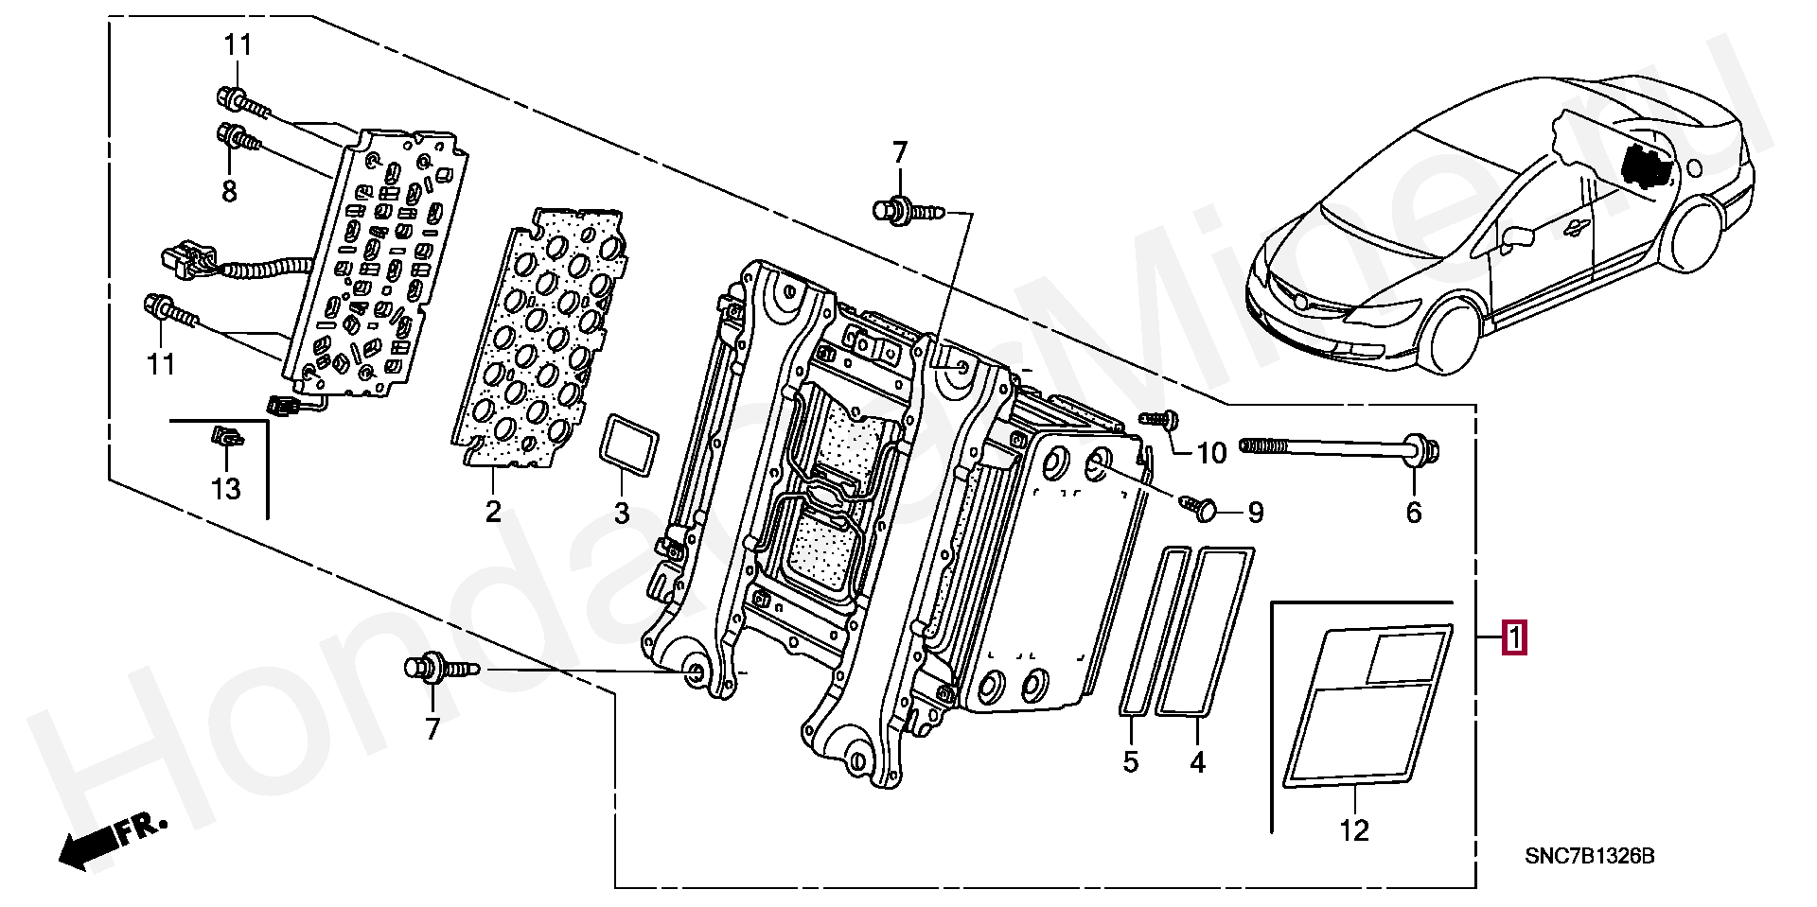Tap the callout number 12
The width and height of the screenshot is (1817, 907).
tap(1354, 831)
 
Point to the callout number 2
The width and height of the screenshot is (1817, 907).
tap(493, 513)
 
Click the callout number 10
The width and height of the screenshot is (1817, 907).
tap(1211, 454)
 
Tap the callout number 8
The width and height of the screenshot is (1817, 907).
tap(229, 192)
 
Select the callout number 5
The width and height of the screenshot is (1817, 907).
tap(1131, 761)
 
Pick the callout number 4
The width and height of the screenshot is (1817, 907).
tap(1198, 761)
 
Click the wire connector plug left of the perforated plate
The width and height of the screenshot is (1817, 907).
tap(185, 258)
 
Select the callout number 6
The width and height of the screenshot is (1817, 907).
tap(1413, 513)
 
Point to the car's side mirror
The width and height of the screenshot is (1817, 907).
tap(1516, 236)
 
